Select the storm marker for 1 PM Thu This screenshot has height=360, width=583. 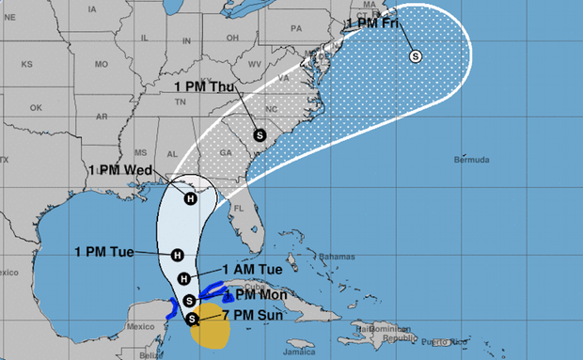point(259,134)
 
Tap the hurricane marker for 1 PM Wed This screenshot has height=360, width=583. point(190,197)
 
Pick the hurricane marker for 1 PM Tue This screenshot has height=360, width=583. point(177,255)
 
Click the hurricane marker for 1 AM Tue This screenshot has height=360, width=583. point(184,277)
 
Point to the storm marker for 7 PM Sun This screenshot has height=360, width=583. point(193,320)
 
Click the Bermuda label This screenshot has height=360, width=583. point(470,160)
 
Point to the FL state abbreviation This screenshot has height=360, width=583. point(240,208)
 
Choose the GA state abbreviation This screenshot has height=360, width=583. point(223,152)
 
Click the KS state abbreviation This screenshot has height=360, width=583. point(27,64)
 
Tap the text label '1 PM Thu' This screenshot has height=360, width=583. point(203,86)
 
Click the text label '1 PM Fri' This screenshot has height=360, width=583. point(374,22)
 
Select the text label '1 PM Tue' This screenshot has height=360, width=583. point(103,251)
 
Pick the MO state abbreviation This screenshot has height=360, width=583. point(101,64)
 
